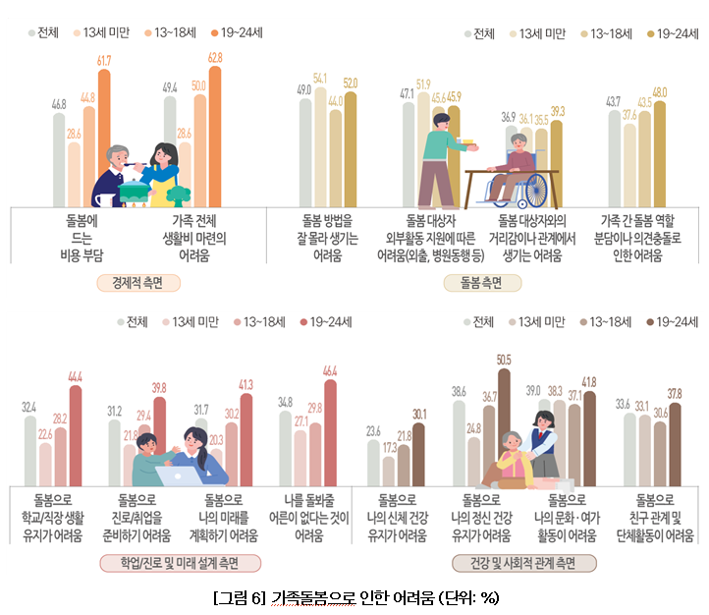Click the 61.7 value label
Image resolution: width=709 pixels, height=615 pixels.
pyautogui.click(x=103, y=61)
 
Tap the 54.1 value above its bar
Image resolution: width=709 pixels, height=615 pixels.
pyautogui.click(x=320, y=78)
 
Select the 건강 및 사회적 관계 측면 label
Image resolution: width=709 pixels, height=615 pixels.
pyautogui.click(x=524, y=563)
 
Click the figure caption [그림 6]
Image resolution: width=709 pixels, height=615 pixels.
pyautogui.click(x=237, y=597)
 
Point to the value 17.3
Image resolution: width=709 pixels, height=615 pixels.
pyautogui.click(x=390, y=447)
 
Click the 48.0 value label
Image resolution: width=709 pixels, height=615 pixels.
pyautogui.click(x=659, y=92)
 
